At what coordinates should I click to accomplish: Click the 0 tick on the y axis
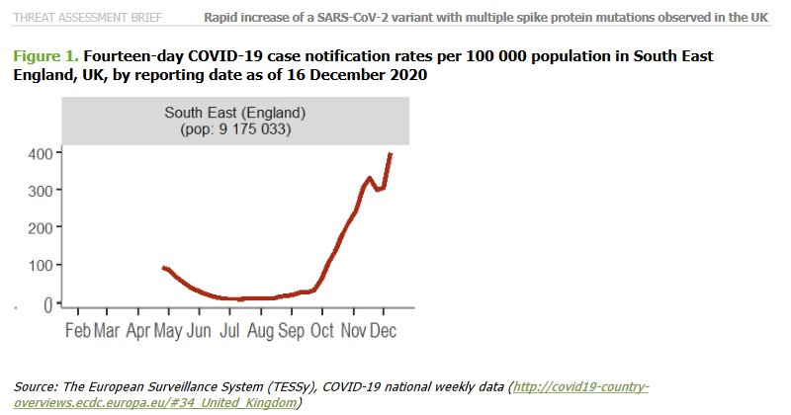pyautogui.click(x=45, y=304)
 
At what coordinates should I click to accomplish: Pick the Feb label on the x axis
pyautogui.click(x=78, y=330)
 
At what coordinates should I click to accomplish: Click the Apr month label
pyautogui.click(x=138, y=330)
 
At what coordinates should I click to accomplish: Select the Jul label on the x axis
pyautogui.click(x=229, y=330)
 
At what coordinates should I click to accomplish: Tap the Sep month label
pyautogui.click(x=292, y=330)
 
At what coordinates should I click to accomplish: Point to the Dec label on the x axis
pyautogui.click(x=383, y=330)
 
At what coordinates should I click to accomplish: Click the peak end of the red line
pyautogui.click(x=391, y=154)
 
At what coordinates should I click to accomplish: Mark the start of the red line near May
pyautogui.click(x=163, y=268)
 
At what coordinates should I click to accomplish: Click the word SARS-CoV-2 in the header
pyautogui.click(x=363, y=16)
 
